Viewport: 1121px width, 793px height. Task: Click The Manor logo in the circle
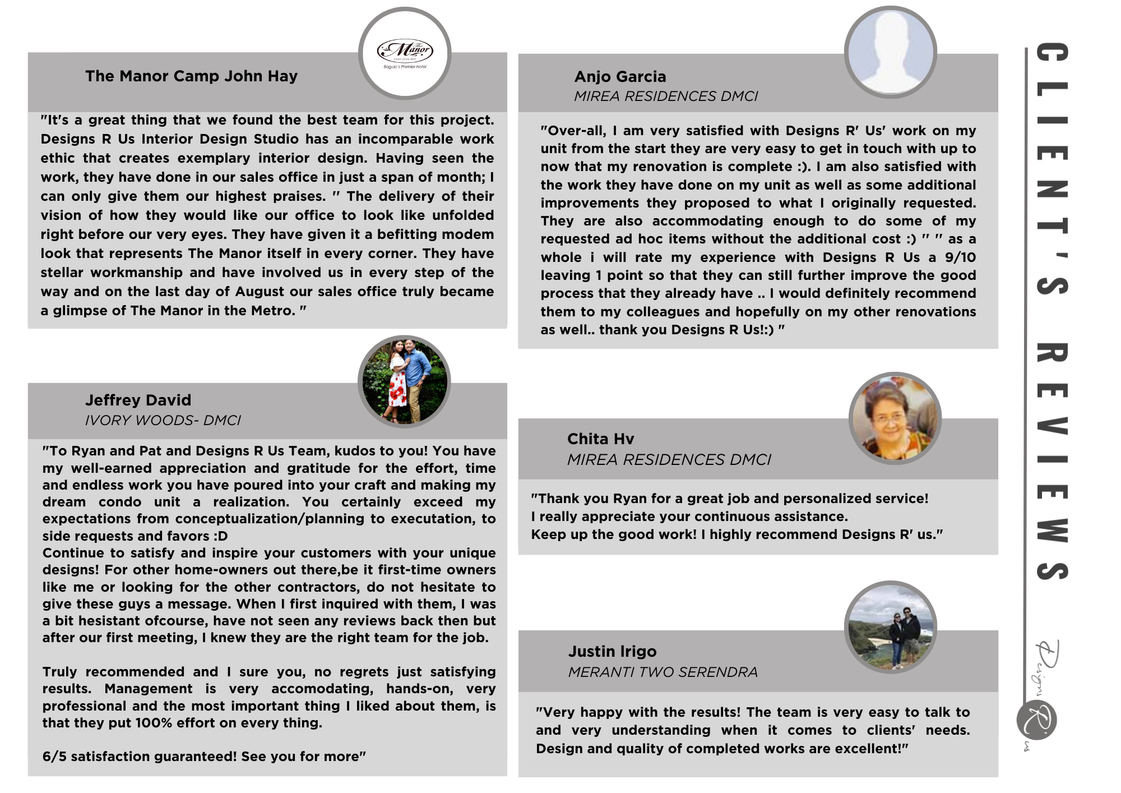click(405, 53)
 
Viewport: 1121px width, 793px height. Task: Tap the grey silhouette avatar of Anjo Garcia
click(890, 52)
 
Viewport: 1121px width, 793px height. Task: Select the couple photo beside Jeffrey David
click(404, 381)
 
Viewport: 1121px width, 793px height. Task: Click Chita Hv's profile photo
click(895, 418)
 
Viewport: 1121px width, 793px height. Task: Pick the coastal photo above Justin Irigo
click(890, 627)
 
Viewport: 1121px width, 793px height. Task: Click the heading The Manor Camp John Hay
click(191, 76)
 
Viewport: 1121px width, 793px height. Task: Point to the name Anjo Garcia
click(620, 77)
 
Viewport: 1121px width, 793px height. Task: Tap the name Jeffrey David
click(138, 400)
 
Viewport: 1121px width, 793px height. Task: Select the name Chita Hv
click(600, 439)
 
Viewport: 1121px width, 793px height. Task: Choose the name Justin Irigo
click(612, 652)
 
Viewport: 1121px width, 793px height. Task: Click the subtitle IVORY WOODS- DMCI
click(163, 421)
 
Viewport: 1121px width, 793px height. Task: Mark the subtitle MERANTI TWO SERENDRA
click(663, 672)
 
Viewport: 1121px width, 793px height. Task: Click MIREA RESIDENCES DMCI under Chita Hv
click(669, 460)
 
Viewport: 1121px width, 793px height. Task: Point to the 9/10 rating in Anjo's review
click(960, 257)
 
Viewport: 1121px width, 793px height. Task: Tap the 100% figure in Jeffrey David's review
click(154, 723)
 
